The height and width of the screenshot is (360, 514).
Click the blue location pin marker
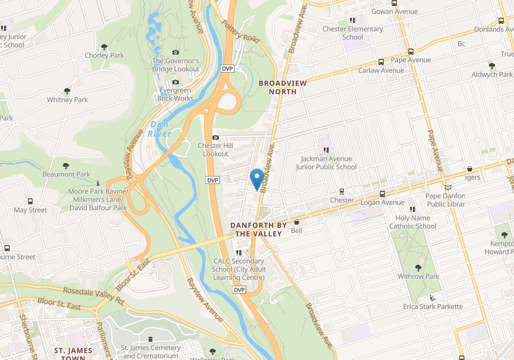click(257, 178)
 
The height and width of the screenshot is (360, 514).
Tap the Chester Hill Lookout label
click(213, 150)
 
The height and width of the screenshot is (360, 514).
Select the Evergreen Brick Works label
click(176, 94)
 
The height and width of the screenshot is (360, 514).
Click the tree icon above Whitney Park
click(67, 91)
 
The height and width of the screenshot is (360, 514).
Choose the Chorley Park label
click(104, 55)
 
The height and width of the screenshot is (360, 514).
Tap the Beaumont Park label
click(66, 174)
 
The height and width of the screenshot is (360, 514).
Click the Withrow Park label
click(418, 276)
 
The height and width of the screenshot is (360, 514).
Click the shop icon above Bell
click(296, 222)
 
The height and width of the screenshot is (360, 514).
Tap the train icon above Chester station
click(342, 192)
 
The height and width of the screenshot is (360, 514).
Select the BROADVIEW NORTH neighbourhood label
click(283, 87)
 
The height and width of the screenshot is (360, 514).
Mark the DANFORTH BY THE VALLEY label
click(256, 229)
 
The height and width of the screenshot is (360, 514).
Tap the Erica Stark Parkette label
click(433, 306)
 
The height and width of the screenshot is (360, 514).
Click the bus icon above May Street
click(30, 202)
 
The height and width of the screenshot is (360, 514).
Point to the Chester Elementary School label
click(352, 33)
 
